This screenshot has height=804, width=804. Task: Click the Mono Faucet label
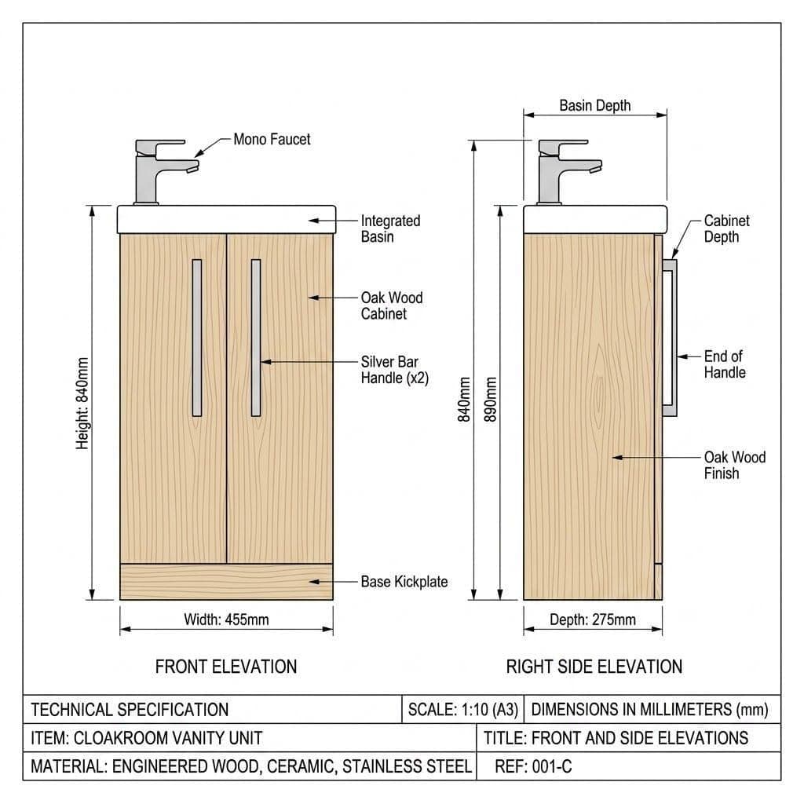(x=272, y=139)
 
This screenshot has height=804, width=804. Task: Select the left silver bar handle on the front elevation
(x=197, y=338)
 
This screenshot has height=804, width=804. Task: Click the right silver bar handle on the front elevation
(x=256, y=338)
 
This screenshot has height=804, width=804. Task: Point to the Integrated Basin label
(x=390, y=228)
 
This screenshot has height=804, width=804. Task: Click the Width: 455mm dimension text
(x=226, y=619)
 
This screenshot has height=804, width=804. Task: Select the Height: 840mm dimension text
(x=82, y=404)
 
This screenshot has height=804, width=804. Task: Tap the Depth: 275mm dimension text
(x=593, y=619)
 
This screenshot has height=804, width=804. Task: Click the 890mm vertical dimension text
(x=491, y=400)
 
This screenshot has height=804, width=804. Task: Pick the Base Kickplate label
(x=404, y=582)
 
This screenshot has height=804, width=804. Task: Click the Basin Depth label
(x=595, y=106)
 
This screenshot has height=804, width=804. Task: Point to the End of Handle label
(x=725, y=364)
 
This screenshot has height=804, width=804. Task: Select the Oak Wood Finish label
(x=734, y=465)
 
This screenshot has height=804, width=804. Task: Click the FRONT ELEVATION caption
(x=226, y=667)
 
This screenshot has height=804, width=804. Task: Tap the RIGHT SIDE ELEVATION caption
(x=594, y=667)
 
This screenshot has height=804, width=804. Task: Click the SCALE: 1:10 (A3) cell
(x=463, y=710)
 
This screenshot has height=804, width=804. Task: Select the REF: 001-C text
(x=533, y=766)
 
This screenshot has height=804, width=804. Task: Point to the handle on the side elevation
(x=669, y=338)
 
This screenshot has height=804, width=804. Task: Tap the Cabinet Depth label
(x=726, y=228)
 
